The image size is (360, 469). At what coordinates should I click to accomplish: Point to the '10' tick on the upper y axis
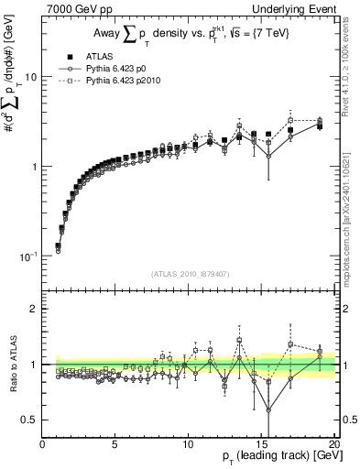[32, 77]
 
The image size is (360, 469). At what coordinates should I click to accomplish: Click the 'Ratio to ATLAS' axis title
[11, 365]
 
